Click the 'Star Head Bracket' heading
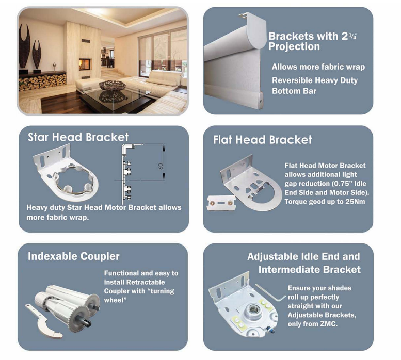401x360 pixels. coord(78,137)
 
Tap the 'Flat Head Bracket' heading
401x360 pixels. coord(262,140)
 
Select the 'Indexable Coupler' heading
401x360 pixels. coord(74,256)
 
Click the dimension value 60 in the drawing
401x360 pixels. coord(161,166)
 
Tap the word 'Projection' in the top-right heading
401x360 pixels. coord(294,46)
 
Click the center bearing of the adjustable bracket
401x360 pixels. coord(254,310)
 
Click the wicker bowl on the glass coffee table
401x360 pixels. coord(113,86)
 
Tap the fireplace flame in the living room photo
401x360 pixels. coord(84,66)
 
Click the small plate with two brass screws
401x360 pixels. coord(221,203)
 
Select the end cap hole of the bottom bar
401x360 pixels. coord(261,101)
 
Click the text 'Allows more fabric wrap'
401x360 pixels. coord(318,67)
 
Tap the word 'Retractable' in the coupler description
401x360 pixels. coord(145,282)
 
